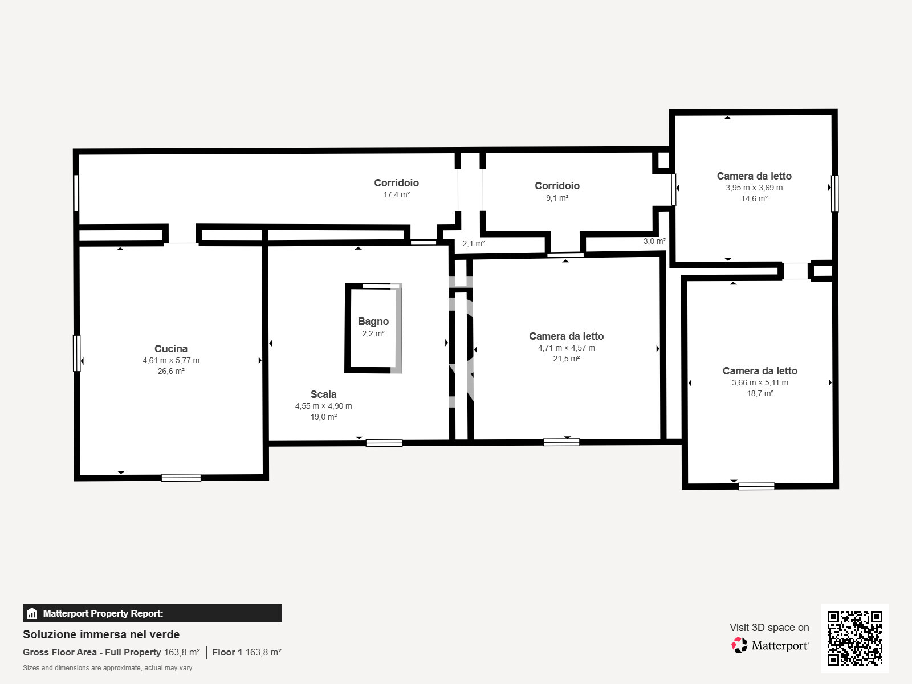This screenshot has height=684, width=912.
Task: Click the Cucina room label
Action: pos(171,349)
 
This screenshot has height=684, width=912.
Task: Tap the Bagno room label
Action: pos(373,321)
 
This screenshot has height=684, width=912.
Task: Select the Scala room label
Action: pos(323,394)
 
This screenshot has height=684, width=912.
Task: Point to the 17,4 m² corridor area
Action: pos(396,194)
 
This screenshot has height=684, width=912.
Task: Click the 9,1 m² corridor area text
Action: pos(557,198)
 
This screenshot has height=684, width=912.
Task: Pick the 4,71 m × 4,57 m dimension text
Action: pos(567,348)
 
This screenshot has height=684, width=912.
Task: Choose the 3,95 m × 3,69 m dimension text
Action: pos(754,188)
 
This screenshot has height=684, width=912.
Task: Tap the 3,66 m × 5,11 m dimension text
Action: pos(759,382)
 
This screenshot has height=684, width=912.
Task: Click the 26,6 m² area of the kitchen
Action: pos(171,371)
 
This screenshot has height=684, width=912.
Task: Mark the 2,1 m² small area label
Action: pos(473,243)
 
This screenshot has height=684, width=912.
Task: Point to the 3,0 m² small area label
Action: pos(654,241)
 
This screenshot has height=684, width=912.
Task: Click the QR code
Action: pos(854,638)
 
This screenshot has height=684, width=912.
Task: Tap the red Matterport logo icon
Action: pos(739,645)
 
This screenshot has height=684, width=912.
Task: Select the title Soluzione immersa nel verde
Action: pos(101,634)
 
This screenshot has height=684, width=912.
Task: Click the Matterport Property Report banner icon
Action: pos(32,613)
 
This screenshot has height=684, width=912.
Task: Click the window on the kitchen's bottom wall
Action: pos(181,478)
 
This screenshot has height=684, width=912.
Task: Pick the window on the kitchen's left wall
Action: pos(76,353)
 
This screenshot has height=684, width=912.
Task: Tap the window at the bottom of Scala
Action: pos(384,443)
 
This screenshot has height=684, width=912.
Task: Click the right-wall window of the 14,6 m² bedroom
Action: pos(834,194)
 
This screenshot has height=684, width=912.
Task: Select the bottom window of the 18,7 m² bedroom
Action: pos(756,486)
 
